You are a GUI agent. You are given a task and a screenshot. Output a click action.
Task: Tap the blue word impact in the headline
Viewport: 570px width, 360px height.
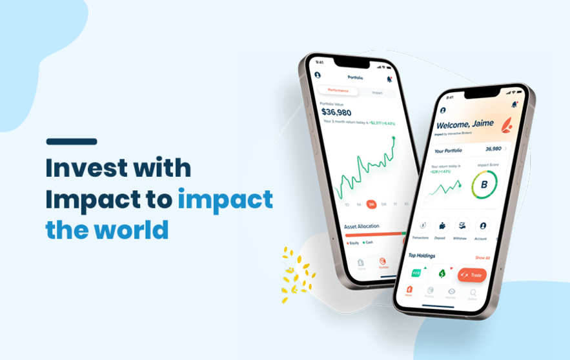pos(225,199)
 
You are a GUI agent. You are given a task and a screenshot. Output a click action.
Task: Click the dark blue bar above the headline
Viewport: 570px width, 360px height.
pos(72,141)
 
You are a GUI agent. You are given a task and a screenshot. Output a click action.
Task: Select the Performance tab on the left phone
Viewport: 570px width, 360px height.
pos(338,90)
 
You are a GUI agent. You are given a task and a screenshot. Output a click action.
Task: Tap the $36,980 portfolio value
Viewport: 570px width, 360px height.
pos(336,112)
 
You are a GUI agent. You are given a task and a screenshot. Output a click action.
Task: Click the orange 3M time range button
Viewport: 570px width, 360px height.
pos(371,204)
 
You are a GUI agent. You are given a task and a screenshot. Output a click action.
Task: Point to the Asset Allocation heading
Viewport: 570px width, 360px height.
pos(361,226)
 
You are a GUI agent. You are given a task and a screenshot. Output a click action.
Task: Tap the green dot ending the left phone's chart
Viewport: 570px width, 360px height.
pos(394,137)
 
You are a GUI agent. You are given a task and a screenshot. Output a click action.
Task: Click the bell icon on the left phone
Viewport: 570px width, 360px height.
pos(389,79)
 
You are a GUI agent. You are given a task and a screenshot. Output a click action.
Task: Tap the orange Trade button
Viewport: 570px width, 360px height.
pos(472,275)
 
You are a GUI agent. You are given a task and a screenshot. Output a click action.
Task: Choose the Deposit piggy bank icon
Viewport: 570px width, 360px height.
pos(442,226)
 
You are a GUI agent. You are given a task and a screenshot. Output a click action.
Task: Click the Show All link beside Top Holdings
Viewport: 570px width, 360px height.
pos(483,257)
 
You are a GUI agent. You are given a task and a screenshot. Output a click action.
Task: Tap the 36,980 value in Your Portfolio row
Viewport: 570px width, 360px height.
pos(494,148)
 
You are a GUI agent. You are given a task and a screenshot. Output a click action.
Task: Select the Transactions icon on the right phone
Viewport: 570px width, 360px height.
pos(422,225)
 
